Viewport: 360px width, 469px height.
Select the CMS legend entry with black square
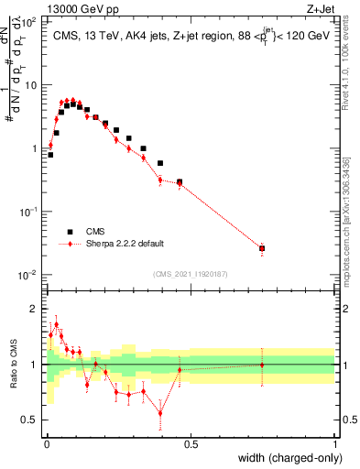[71, 231]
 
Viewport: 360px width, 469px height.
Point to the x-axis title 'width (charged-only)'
[289, 458]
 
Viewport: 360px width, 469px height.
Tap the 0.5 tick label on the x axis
[191, 444]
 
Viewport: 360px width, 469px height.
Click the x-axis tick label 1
[335, 444]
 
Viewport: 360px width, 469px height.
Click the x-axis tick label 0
[46, 444]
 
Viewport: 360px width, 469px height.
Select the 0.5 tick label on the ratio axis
[30, 420]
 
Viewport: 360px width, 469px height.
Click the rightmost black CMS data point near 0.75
[262, 248]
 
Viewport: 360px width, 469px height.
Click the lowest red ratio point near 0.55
[160, 413]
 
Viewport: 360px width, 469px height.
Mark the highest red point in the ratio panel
[56, 324]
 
